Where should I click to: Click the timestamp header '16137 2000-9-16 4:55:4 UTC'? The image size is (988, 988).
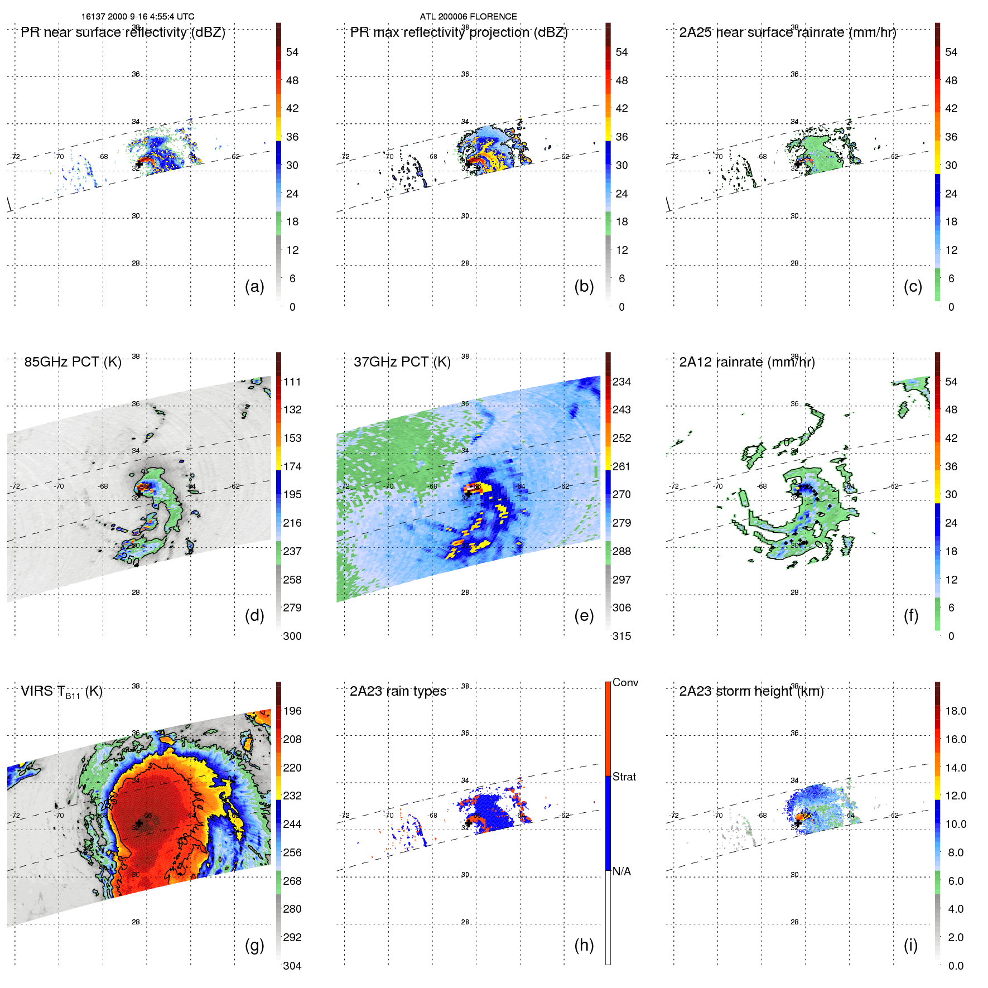click(x=138, y=17)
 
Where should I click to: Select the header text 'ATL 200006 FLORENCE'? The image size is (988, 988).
click(x=468, y=17)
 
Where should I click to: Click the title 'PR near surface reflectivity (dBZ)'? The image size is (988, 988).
click(x=123, y=32)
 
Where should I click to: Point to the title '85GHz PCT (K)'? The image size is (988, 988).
click(x=73, y=362)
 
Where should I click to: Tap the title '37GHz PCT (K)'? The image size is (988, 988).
click(x=402, y=362)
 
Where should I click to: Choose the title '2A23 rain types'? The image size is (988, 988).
click(x=398, y=691)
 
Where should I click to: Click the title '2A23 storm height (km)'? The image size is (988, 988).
click(x=751, y=691)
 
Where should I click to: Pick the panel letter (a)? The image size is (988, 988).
click(x=254, y=286)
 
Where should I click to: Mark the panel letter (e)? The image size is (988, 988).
click(x=584, y=615)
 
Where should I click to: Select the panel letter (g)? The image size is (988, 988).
click(x=254, y=945)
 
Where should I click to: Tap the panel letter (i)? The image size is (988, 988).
click(x=910, y=945)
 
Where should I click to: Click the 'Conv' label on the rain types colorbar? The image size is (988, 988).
click(x=625, y=682)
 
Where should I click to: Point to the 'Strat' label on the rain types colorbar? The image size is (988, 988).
click(x=624, y=777)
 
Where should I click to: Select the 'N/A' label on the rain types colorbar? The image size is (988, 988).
click(x=621, y=871)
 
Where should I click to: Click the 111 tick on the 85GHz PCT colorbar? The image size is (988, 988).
click(x=292, y=382)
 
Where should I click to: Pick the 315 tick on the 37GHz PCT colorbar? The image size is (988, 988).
click(x=621, y=636)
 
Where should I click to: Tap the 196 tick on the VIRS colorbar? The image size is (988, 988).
click(x=292, y=711)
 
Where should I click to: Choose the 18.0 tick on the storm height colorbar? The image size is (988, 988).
click(x=956, y=711)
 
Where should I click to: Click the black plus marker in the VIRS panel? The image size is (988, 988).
click(x=139, y=823)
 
